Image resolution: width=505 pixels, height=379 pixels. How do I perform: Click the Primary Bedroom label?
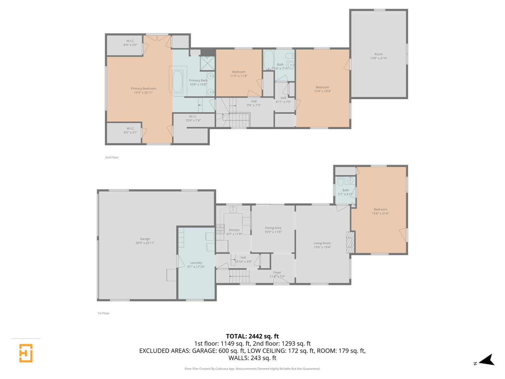pyautogui.click(x=143, y=91)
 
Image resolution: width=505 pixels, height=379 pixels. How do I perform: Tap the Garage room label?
pyautogui.click(x=145, y=241)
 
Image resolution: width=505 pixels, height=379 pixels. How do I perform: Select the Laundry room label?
pyautogui.click(x=196, y=265)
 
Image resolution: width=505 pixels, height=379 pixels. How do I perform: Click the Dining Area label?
pyautogui.click(x=273, y=230)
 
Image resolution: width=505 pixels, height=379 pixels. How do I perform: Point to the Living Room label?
pyautogui.click(x=322, y=245)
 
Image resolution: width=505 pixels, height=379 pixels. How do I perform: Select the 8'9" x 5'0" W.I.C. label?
pyautogui.click(x=130, y=43)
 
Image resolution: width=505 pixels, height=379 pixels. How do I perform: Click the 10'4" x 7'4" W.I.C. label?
pyautogui.click(x=193, y=118)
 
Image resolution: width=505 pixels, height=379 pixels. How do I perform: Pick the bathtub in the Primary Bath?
pyautogui.click(x=177, y=81)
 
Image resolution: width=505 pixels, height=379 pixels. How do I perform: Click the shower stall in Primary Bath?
pyautogui.click(x=207, y=64)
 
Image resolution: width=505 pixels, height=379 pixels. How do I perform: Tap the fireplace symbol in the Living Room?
pyautogui.click(x=350, y=242)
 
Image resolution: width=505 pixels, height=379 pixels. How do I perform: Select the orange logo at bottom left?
pyautogui.click(x=26, y=353)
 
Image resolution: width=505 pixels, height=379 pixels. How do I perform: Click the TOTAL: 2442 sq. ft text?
pyautogui.click(x=252, y=336)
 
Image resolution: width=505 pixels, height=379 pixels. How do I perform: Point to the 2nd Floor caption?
pyautogui.click(x=112, y=158)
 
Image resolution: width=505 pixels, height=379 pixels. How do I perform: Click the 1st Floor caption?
pyautogui.click(x=103, y=313)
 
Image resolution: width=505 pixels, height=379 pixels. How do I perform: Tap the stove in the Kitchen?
pyautogui.click(x=220, y=230)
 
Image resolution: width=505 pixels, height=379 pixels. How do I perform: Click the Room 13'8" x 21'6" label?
pyautogui.click(x=378, y=56)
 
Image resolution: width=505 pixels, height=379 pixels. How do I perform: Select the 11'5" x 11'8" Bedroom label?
pyautogui.click(x=239, y=74)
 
